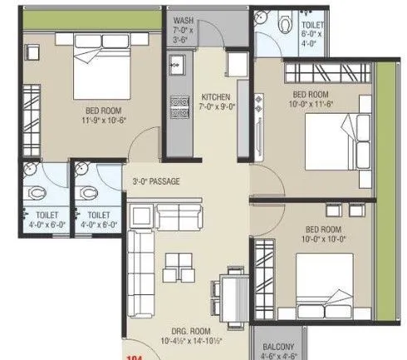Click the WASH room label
pos(184,19)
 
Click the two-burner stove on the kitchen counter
pos(176,106)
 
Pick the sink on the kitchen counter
pos(176,63)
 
